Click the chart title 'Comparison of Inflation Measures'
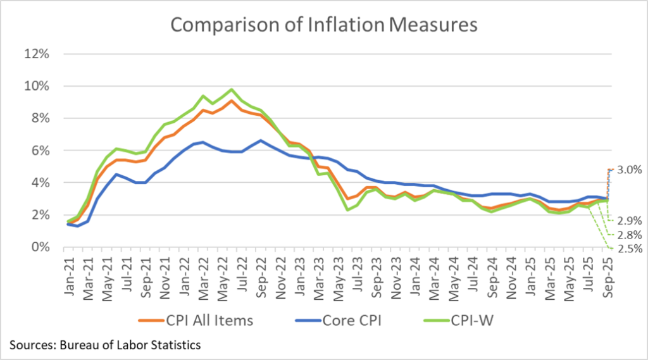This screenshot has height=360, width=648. (323, 25)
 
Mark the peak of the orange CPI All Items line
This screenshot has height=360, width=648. (232, 101)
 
